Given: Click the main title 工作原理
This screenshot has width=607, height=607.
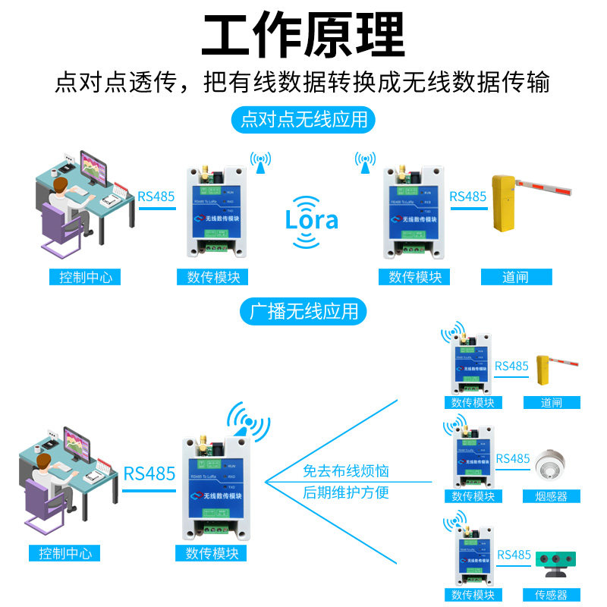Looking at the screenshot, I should tap(303, 34).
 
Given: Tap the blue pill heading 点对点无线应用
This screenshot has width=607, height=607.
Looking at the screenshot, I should tap(303, 120).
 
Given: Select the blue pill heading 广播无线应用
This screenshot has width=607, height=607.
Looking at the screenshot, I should tap(303, 310).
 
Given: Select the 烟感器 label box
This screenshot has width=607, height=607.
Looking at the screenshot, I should tap(551, 496).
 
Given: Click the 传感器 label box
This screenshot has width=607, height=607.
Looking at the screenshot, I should tap(551, 595).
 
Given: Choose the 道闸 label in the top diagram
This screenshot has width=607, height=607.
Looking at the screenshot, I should tap(516, 277).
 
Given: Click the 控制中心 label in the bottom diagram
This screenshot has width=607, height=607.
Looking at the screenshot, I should tap(64, 553).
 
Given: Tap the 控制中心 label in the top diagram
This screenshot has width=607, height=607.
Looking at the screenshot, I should tap(86, 277).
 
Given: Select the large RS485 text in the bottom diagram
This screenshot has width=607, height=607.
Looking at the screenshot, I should tap(149, 474).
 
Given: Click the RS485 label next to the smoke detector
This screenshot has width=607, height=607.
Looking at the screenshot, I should tap(513, 458).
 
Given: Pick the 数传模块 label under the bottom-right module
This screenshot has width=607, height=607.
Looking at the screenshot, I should tap(473, 595).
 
